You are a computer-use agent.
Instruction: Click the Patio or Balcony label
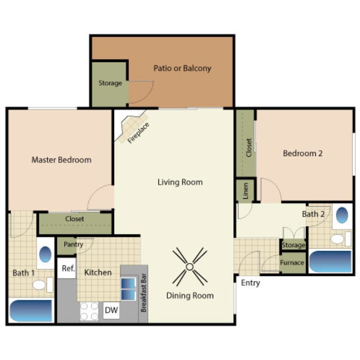[x=182, y=68]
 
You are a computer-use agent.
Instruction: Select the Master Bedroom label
[x=61, y=160]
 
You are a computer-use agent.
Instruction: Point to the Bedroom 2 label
[x=302, y=154]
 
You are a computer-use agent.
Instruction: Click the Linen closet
[x=245, y=191]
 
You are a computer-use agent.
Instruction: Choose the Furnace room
[x=292, y=263]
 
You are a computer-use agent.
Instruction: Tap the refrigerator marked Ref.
[x=68, y=269]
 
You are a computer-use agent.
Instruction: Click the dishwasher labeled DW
[x=111, y=311]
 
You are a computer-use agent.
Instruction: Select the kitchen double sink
[x=128, y=288]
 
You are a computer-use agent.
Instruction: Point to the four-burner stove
[x=89, y=311]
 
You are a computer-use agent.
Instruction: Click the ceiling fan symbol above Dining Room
[x=190, y=266]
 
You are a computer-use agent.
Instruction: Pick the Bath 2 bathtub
[x=330, y=261]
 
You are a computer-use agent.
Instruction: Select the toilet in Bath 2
[x=338, y=239]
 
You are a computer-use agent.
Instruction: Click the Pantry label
[x=73, y=244]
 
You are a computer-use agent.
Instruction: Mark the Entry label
[x=250, y=283]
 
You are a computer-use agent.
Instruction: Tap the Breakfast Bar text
[x=143, y=293]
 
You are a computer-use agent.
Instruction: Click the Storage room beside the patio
[x=110, y=83]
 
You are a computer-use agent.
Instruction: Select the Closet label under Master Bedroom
[x=74, y=219]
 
